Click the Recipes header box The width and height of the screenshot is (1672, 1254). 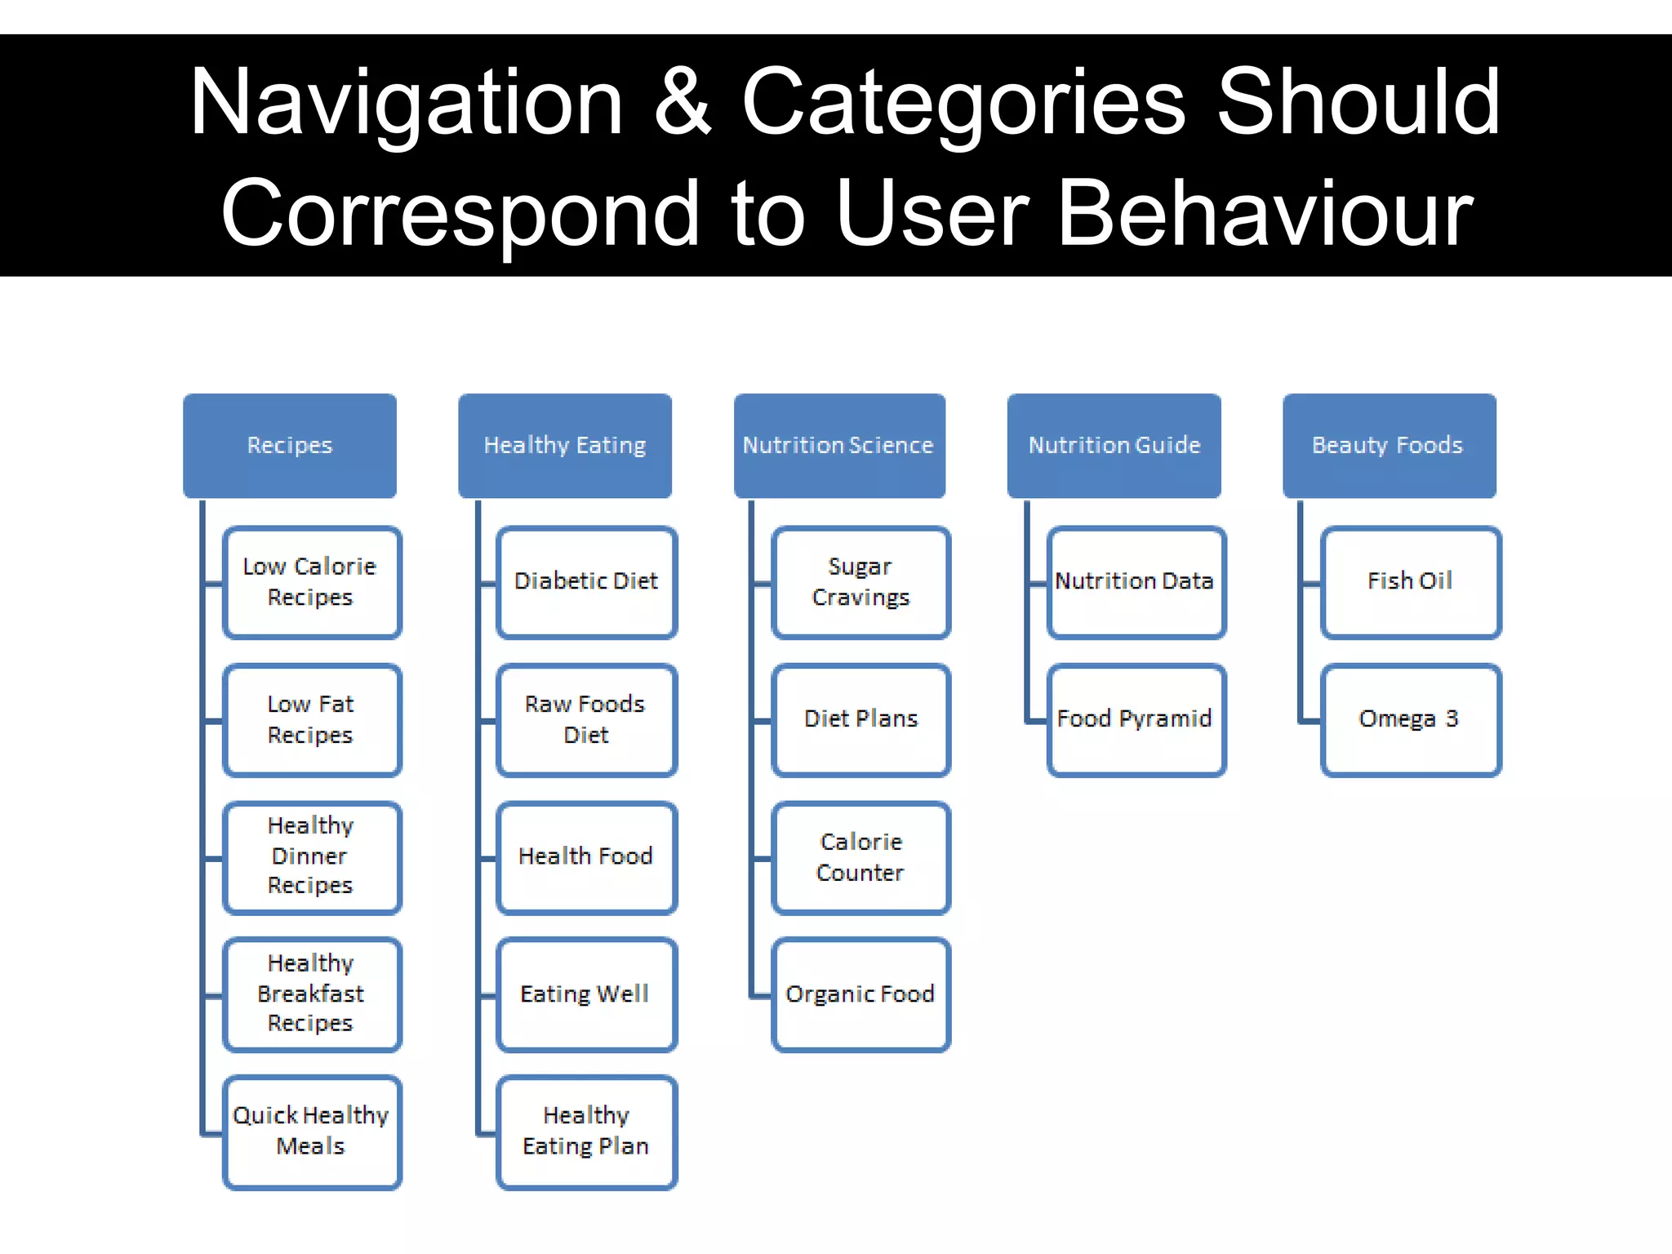[x=290, y=446]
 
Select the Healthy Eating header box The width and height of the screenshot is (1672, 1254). [x=565, y=446]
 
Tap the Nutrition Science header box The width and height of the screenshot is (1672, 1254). [x=839, y=446]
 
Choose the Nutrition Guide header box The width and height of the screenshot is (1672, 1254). [x=1114, y=446]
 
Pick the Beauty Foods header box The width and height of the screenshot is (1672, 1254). [x=1389, y=446]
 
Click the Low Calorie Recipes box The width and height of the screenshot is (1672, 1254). [x=311, y=582]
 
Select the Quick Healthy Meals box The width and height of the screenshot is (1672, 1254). [x=311, y=1132]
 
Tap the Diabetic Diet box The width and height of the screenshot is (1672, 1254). [x=586, y=582]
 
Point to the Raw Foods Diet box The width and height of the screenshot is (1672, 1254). [x=586, y=719]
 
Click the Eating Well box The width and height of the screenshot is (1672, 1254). [x=586, y=994]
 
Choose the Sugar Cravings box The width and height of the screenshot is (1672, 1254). [x=861, y=582]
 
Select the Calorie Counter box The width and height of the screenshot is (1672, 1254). [x=861, y=857]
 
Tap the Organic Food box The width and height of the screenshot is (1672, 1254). [x=861, y=994]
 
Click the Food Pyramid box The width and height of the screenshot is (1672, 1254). [x=1136, y=719]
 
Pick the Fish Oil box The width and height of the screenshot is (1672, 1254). [x=1411, y=582]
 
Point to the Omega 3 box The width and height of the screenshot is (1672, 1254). [x=1411, y=719]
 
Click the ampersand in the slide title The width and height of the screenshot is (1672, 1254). [x=683, y=103]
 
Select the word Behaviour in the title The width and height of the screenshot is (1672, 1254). [x=1265, y=214]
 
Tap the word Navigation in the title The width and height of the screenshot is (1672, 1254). [x=407, y=103]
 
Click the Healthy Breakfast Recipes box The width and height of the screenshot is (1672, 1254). [x=311, y=994]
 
